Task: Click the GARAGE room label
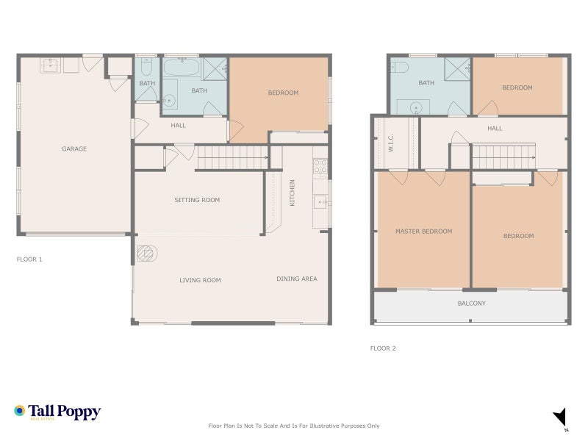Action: pyautogui.click(x=74, y=148)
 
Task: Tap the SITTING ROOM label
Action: pyautogui.click(x=197, y=200)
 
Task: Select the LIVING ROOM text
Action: pyautogui.click(x=200, y=280)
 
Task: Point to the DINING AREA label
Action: pyautogui.click(x=297, y=279)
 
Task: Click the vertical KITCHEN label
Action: pyautogui.click(x=292, y=193)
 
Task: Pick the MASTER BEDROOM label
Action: pyautogui.click(x=423, y=232)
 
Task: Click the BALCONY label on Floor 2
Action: pyautogui.click(x=471, y=304)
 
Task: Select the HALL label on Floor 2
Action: pyautogui.click(x=495, y=129)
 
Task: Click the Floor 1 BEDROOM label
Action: pyautogui.click(x=283, y=93)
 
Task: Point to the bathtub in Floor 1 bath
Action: pyautogui.click(x=181, y=71)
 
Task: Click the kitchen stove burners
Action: pyautogui.click(x=320, y=166)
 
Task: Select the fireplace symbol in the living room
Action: pyautogui.click(x=146, y=254)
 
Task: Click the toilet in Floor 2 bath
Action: pyautogui.click(x=400, y=68)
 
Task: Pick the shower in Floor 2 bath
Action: pyautogui.click(x=456, y=68)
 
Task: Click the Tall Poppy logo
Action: pyautogui.click(x=57, y=412)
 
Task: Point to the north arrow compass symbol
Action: pyautogui.click(x=561, y=417)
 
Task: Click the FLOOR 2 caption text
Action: pyautogui.click(x=383, y=348)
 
